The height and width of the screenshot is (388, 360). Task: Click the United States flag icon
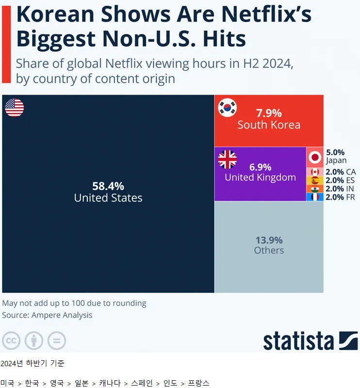[x=15, y=108]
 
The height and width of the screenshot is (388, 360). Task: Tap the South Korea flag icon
[x=228, y=108]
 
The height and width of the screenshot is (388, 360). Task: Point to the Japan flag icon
[x=315, y=157]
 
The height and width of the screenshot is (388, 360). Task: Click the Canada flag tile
[x=315, y=172]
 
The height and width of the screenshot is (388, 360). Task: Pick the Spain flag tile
[x=315, y=180]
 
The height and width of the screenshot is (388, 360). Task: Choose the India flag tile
[x=315, y=189]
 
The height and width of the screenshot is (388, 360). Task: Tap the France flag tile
[x=315, y=197]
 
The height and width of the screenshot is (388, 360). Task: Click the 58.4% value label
[x=108, y=186]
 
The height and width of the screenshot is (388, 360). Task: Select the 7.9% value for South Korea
[x=269, y=113]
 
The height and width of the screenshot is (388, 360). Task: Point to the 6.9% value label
[x=260, y=167]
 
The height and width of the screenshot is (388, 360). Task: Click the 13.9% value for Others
[x=269, y=240]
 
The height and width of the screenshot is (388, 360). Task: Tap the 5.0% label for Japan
[x=335, y=152]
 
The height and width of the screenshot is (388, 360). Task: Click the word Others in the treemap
[x=269, y=250]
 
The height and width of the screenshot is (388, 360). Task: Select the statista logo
[x=311, y=340]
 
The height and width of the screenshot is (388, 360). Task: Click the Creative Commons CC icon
[x=11, y=341]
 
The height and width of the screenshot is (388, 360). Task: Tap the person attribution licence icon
[x=34, y=341]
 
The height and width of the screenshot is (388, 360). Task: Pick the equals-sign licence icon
[x=57, y=341]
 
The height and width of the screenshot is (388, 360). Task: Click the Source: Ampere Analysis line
[x=47, y=315]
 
